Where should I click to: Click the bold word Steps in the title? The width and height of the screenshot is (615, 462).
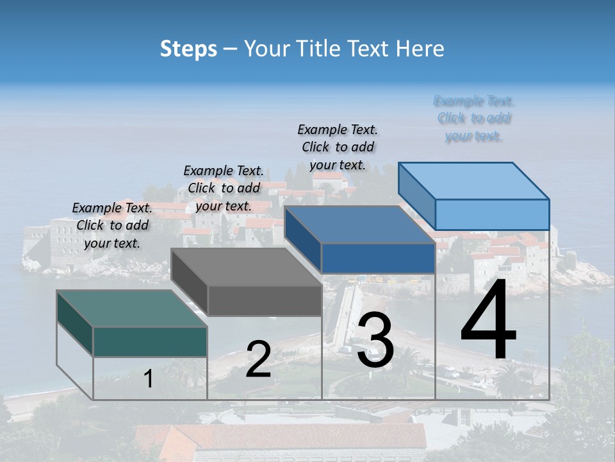click(188, 49)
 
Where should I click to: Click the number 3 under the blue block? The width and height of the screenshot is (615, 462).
click(375, 341)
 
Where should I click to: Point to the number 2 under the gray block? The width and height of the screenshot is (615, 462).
click(258, 359)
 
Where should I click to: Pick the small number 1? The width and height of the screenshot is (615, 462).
click(149, 379)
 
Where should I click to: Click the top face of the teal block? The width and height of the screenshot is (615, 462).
click(131, 309)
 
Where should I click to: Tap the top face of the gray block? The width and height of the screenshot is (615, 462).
click(247, 267)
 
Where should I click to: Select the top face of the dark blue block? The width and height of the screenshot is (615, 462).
click(359, 225)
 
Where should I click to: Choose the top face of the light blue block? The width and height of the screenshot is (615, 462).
click(474, 181)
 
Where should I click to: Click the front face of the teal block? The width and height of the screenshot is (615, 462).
click(150, 341)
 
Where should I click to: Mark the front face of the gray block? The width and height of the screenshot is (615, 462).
click(265, 300)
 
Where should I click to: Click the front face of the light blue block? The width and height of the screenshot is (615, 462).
click(492, 214)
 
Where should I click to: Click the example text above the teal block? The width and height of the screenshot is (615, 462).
click(112, 225)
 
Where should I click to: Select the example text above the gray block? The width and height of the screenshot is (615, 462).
click(224, 188)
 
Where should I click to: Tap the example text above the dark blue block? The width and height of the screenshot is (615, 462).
click(338, 147)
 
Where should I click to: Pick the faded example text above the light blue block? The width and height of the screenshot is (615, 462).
click(474, 118)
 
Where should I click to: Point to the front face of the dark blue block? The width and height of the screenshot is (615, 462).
click(378, 259)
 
